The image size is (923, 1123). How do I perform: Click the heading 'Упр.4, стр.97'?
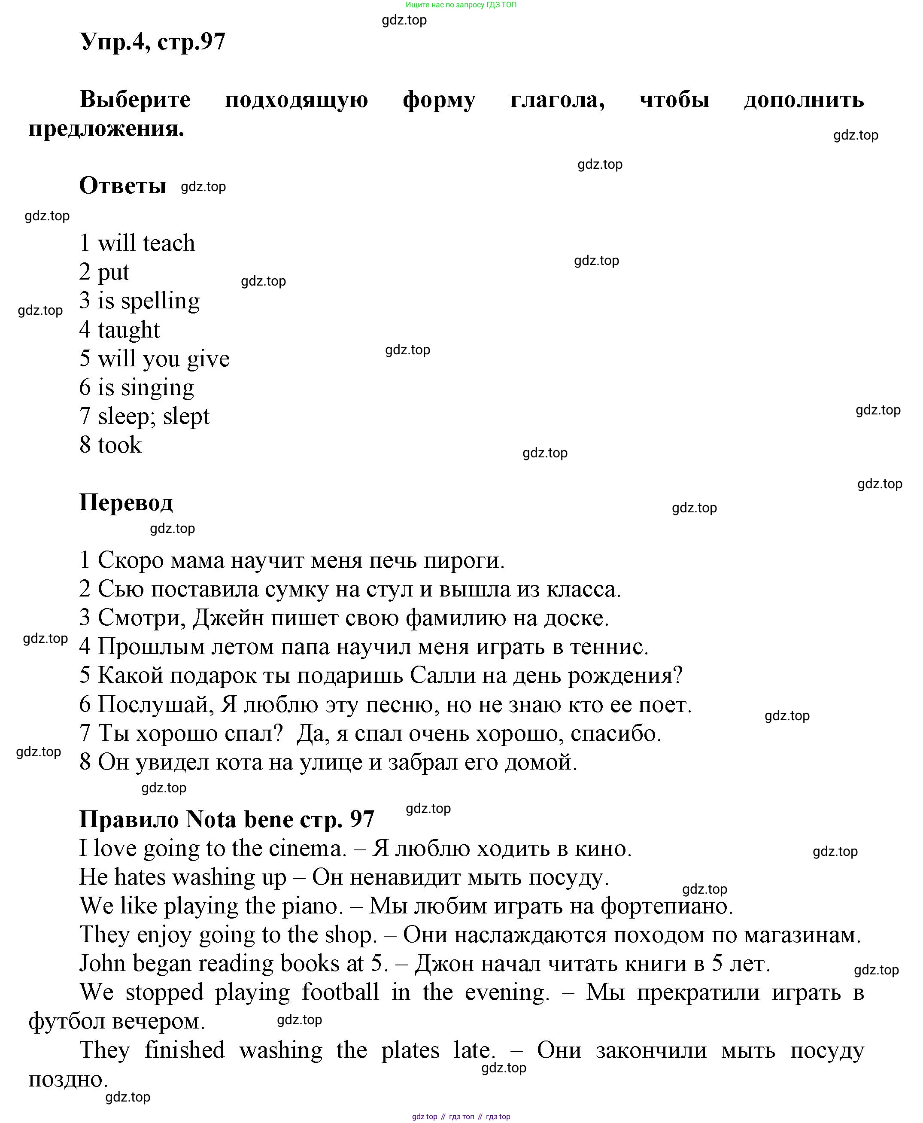click(x=152, y=42)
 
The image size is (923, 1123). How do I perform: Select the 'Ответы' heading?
click(x=123, y=186)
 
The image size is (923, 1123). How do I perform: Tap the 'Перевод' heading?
click(x=126, y=502)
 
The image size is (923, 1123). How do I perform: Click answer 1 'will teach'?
click(x=146, y=243)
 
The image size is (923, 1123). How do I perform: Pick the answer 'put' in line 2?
click(x=114, y=272)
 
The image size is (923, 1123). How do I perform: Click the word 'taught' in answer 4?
click(x=129, y=330)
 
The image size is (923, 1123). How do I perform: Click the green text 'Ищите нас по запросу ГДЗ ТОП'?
click(x=461, y=5)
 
